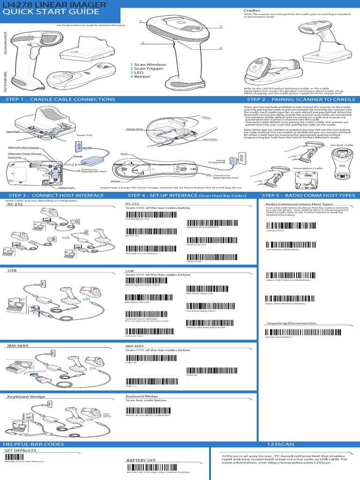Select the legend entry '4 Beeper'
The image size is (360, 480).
(x=141, y=76)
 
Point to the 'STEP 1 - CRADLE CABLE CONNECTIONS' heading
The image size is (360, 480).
(x=60, y=99)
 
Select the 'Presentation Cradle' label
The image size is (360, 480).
(x=308, y=168)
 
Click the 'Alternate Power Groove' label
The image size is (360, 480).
(x=24, y=153)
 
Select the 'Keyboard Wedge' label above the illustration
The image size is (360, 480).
(x=26, y=397)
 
